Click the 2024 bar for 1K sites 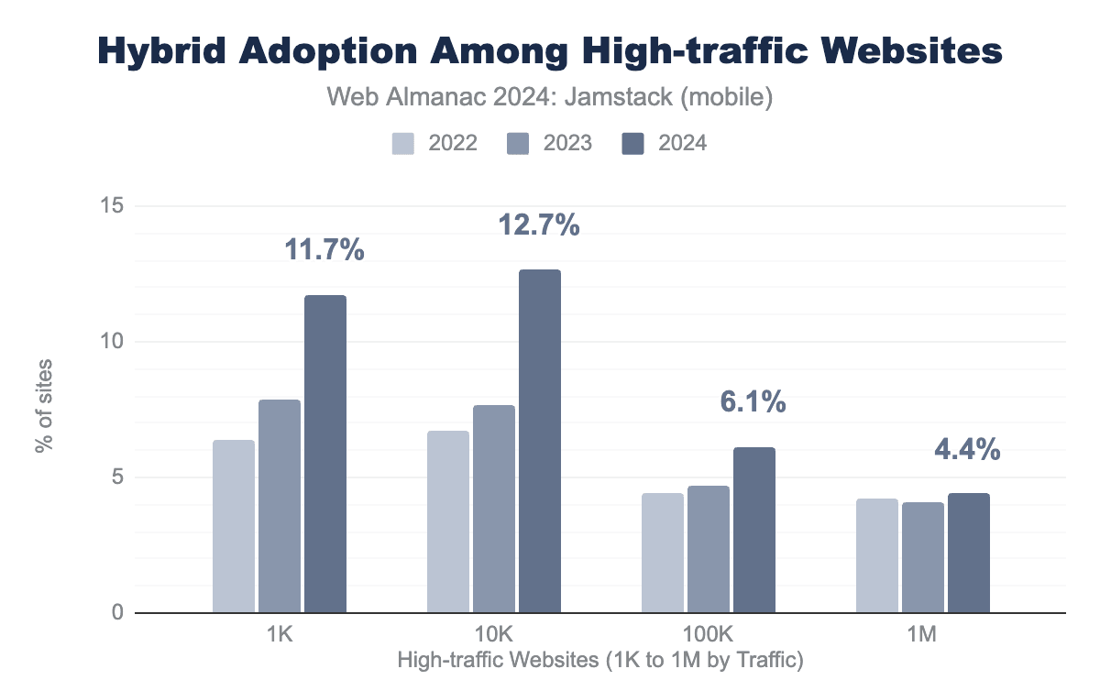pyautogui.click(x=325, y=454)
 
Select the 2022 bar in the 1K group pyautogui.click(x=233, y=526)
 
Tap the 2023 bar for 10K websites pyautogui.click(x=494, y=509)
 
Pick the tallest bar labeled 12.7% pyautogui.click(x=540, y=441)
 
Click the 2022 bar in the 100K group pyautogui.click(x=663, y=553)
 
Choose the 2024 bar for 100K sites pyautogui.click(x=754, y=530)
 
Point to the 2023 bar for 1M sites pyautogui.click(x=923, y=557)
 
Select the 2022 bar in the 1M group pyautogui.click(x=877, y=555)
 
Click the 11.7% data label pyautogui.click(x=325, y=249)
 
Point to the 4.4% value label pyautogui.click(x=968, y=450)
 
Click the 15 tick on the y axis pyautogui.click(x=111, y=206)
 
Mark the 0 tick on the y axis pyautogui.click(x=116, y=612)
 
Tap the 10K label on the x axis pyautogui.click(x=494, y=635)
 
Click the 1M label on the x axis pyautogui.click(x=923, y=635)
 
